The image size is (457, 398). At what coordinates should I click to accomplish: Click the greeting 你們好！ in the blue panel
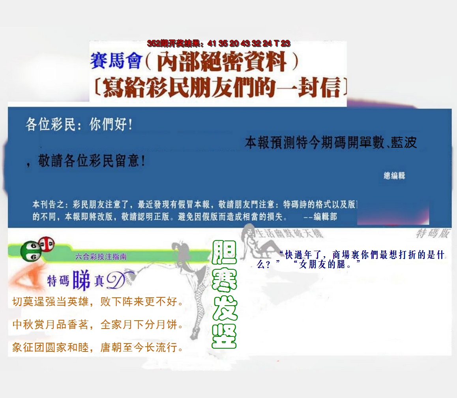(x=111, y=125)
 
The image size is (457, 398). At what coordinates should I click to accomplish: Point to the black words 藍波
(x=404, y=143)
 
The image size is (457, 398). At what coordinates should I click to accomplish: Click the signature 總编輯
(x=394, y=176)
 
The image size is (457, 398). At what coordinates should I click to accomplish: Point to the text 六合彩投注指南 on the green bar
(x=101, y=257)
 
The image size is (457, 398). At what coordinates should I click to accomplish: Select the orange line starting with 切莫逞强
(x=97, y=302)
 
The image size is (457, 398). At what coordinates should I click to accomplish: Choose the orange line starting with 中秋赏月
(x=97, y=325)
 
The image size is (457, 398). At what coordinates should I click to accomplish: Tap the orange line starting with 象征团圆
(x=97, y=348)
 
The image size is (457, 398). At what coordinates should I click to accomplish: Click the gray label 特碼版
(x=433, y=234)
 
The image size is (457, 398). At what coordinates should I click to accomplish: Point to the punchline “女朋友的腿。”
(x=327, y=265)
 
